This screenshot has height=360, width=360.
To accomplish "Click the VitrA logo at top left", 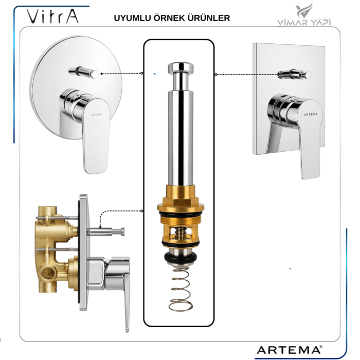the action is [x=52, y=16].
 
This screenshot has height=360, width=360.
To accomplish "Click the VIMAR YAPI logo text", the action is [x=304, y=22].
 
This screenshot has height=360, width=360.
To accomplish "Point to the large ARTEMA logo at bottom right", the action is [x=290, y=350].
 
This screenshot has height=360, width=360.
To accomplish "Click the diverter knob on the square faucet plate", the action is [x=294, y=74].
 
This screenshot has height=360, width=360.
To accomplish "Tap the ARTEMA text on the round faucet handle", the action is [x=97, y=115].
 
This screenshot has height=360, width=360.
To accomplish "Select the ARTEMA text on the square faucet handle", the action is [x=311, y=114].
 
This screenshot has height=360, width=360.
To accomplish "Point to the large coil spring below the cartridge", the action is [x=181, y=290].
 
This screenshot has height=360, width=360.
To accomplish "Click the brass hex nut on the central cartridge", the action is [x=181, y=204].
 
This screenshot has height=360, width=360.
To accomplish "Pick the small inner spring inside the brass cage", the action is [x=181, y=234].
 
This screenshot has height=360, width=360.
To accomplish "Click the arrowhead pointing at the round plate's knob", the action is [x=102, y=74].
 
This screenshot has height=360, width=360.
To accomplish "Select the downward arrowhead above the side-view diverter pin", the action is [x=100, y=227].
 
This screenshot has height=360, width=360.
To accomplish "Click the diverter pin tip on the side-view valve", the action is [x=123, y=231].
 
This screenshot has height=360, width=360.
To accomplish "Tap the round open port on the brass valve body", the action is [x=48, y=273].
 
